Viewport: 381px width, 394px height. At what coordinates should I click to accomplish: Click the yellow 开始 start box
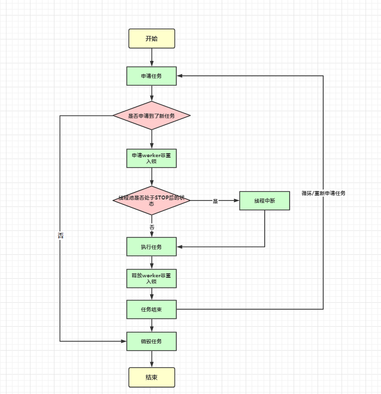(x=151, y=38)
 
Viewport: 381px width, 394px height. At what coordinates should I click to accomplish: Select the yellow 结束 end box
(x=151, y=377)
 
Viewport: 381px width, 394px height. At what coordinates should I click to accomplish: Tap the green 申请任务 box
(x=151, y=76)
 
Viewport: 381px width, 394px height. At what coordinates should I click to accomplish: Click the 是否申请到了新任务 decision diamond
(x=151, y=116)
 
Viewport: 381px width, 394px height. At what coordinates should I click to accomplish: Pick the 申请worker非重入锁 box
(x=151, y=158)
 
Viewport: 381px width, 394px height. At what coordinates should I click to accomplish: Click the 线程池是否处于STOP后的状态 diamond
(x=151, y=200)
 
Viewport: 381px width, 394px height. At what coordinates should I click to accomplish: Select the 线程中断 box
(x=264, y=200)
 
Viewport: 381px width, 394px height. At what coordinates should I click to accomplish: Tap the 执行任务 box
(x=151, y=246)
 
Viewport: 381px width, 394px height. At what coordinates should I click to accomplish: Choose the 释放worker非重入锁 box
(x=151, y=278)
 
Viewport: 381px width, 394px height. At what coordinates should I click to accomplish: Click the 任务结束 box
(x=151, y=309)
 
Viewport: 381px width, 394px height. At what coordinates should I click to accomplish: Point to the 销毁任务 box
(x=151, y=341)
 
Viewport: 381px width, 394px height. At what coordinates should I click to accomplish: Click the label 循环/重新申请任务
(x=324, y=193)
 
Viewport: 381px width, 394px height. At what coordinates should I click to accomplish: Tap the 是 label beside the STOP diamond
(x=216, y=201)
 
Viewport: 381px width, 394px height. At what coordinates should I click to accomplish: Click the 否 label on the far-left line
(x=60, y=235)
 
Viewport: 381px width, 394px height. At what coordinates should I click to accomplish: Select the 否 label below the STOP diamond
(x=152, y=227)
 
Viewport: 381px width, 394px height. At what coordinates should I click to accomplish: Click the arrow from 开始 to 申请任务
(x=152, y=57)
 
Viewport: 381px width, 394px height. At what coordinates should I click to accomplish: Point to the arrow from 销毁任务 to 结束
(x=152, y=359)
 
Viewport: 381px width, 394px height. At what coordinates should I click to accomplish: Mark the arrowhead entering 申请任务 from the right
(x=180, y=76)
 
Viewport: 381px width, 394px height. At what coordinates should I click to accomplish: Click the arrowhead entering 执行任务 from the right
(x=180, y=246)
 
